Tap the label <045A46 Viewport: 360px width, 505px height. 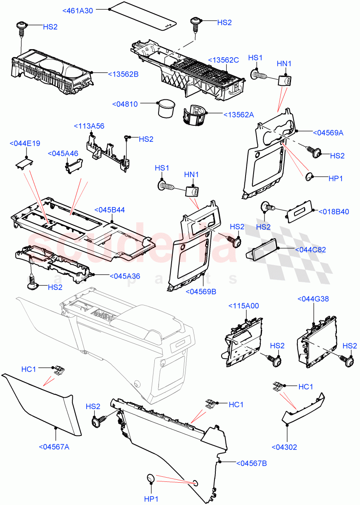(63, 154)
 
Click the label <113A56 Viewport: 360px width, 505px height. (89, 126)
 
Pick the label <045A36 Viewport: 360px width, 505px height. (124, 276)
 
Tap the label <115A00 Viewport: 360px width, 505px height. (244, 306)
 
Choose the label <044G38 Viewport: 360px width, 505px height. (313, 299)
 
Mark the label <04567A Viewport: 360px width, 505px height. (54, 447)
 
